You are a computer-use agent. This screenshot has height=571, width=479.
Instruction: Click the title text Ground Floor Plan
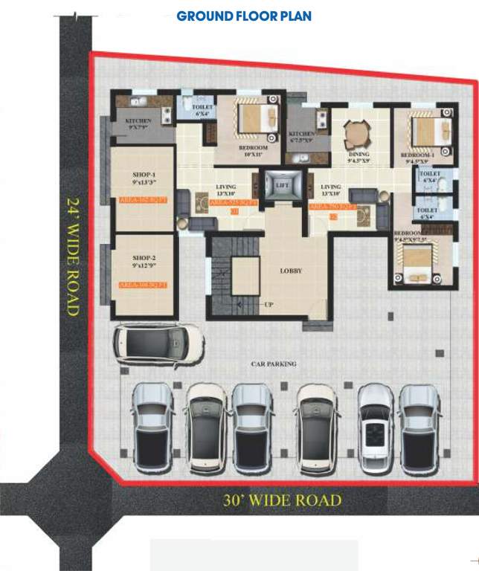(x=243, y=16)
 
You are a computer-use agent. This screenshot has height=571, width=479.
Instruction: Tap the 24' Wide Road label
(x=73, y=257)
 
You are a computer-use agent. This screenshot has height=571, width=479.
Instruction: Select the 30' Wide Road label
(x=283, y=500)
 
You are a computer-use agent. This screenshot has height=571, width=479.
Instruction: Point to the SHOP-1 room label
(x=143, y=176)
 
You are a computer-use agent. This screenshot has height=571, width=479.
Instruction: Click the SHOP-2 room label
(x=143, y=260)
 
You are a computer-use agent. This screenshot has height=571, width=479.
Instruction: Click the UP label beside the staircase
(x=269, y=305)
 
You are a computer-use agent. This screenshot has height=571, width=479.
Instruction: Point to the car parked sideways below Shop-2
(x=158, y=343)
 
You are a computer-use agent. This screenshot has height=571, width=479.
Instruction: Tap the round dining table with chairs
(x=354, y=135)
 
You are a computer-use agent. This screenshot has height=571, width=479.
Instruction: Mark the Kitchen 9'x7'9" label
(x=139, y=123)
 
